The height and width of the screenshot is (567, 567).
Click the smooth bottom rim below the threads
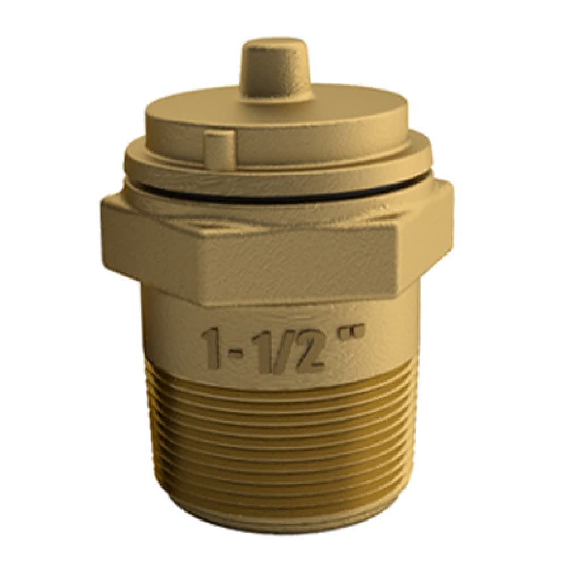[x=283, y=527]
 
